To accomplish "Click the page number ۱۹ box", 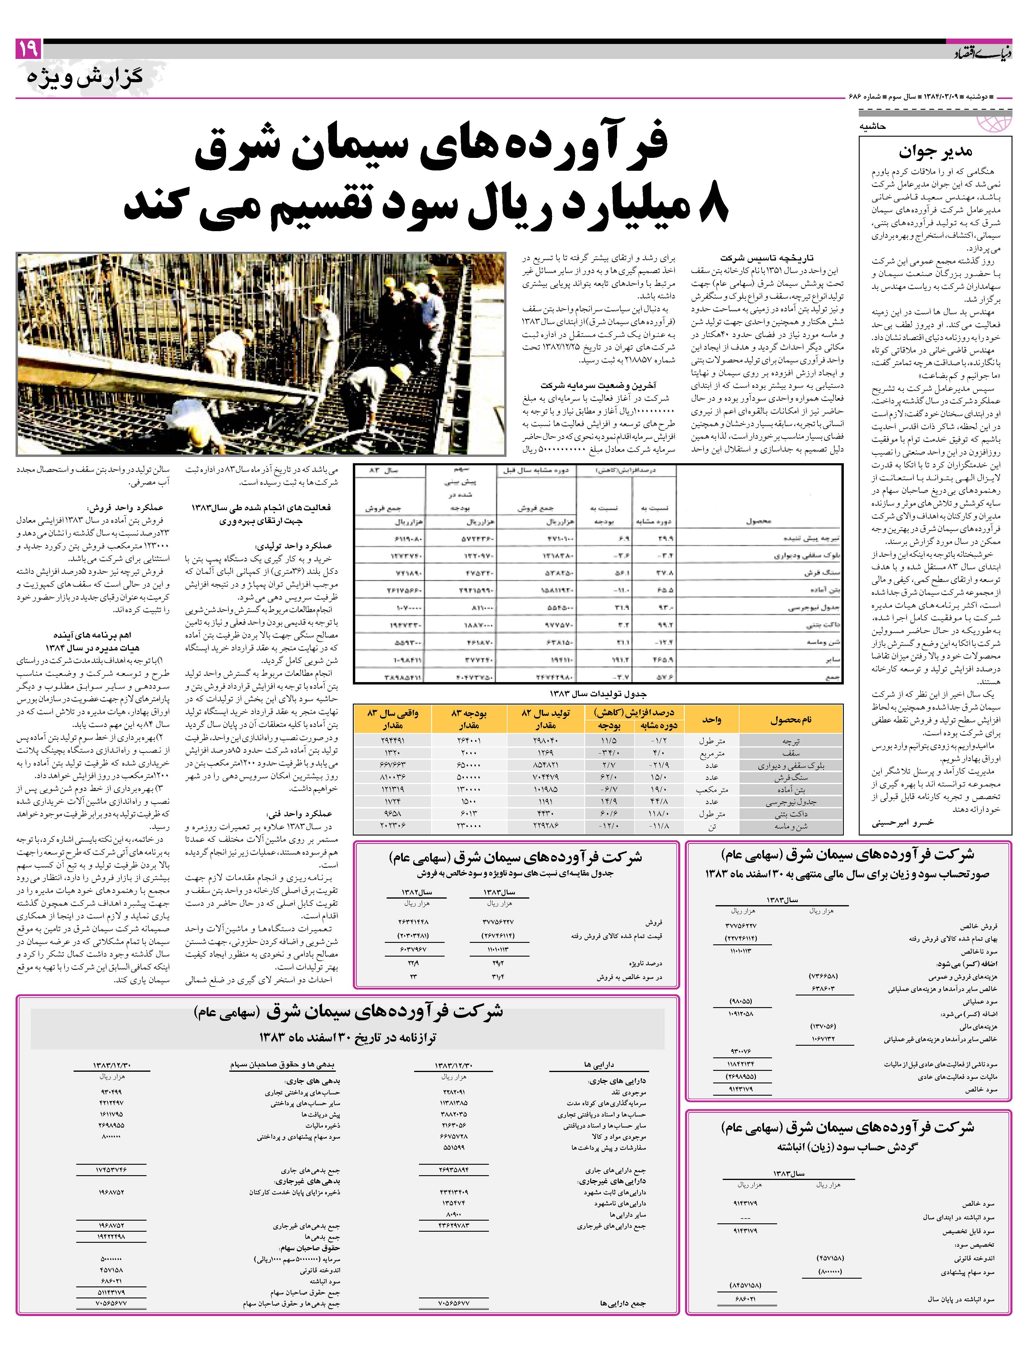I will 28,49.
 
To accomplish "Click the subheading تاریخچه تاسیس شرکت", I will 767,258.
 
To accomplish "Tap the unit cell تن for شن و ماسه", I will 712,826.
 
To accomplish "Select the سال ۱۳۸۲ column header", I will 417,892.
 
